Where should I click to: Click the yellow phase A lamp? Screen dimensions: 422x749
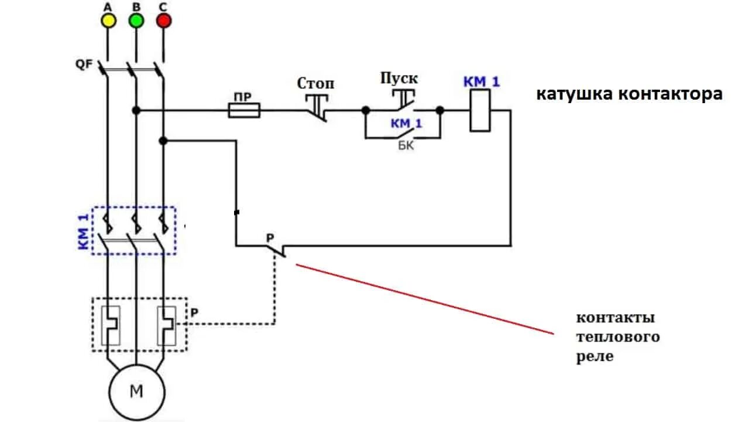tap(108, 21)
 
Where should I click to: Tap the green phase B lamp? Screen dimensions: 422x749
tap(136, 21)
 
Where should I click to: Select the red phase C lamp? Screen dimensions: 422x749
tap(164, 21)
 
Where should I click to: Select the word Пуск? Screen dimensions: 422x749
tap(400, 79)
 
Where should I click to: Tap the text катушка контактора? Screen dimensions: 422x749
tap(630, 94)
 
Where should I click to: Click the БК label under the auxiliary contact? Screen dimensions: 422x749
tap(406, 146)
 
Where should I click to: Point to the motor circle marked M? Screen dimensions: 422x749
tap(136, 391)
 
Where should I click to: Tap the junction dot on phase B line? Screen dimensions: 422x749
tap(136, 110)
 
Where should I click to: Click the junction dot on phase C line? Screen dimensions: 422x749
tap(163, 141)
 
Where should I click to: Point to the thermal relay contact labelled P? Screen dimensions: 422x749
tap(275, 249)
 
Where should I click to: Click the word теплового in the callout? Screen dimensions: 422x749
tap(618, 337)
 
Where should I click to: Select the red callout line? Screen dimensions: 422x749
tap(424, 299)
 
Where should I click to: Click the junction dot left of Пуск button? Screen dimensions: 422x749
tap(366, 110)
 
